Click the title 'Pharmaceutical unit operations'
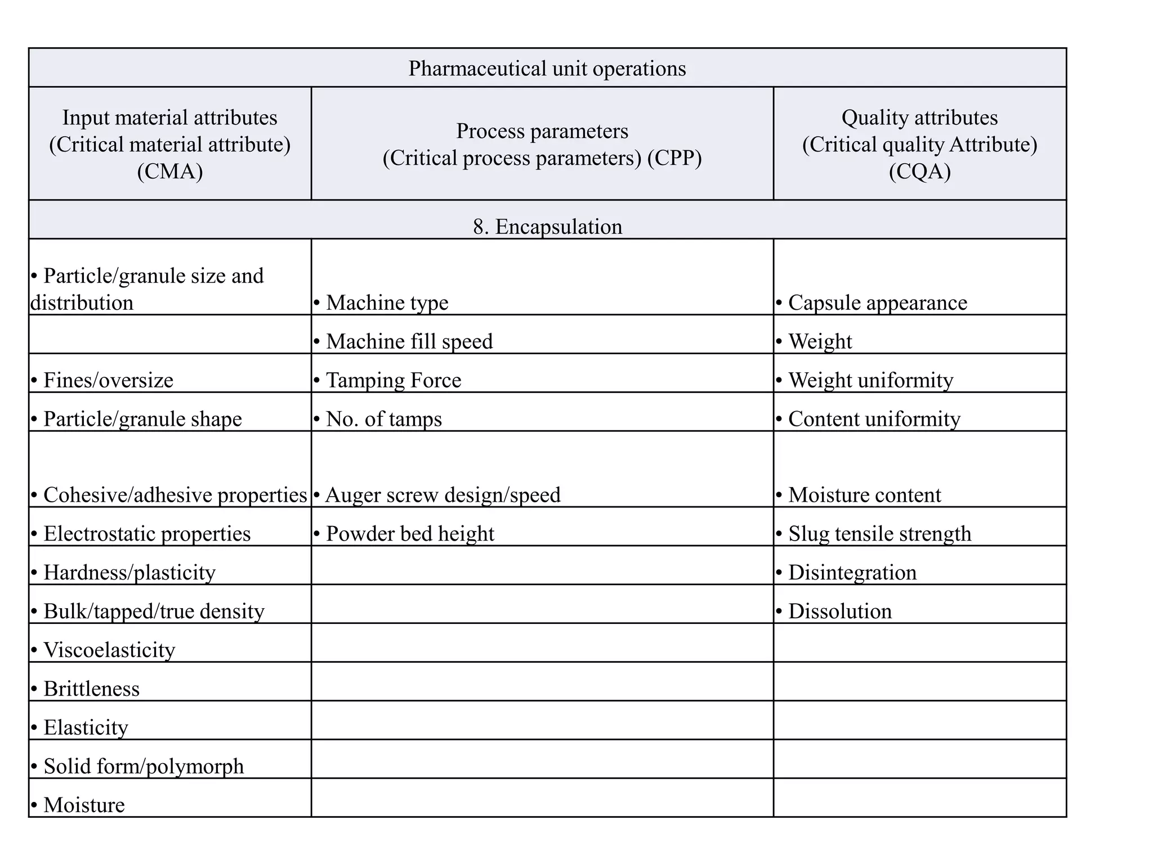pos(547,69)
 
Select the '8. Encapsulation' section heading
pos(547,227)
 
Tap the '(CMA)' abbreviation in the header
pos(169,171)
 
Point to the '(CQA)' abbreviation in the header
pos(919,171)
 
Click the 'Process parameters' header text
pos(542,131)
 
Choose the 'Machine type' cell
pos(387,303)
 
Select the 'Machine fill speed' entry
pos(409,342)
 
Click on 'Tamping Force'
pos(394,381)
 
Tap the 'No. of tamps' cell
pos(384,420)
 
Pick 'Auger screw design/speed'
pos(443,495)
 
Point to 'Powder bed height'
pos(410,534)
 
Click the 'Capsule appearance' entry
pos(877,303)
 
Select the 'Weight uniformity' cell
pos(870,381)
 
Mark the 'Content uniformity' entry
pos(874,420)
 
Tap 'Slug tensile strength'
pos(879,534)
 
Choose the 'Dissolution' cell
pos(839,612)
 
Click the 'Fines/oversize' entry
pos(108,381)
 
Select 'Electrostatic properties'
pos(146,534)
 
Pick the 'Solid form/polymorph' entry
pos(144,766)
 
